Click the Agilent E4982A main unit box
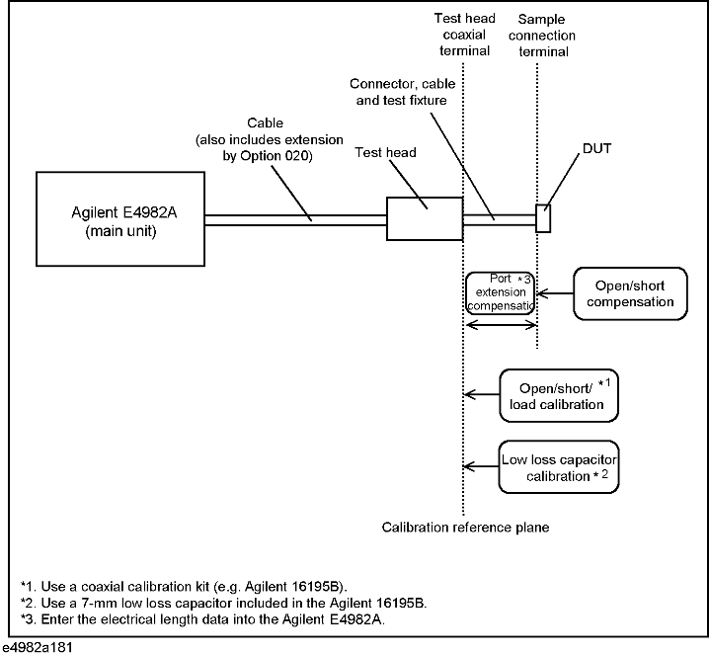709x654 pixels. [x=120, y=219]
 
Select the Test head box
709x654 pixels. [x=425, y=219]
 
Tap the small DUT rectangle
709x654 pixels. [x=543, y=218]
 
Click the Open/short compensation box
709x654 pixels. [x=630, y=293]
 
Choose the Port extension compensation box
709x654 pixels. [x=501, y=292]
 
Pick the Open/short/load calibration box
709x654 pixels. [x=559, y=396]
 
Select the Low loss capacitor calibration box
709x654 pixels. [x=559, y=466]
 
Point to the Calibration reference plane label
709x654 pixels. [x=465, y=528]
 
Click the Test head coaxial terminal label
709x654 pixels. [x=464, y=35]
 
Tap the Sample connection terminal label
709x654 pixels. [x=542, y=36]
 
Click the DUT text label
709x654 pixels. [x=596, y=149]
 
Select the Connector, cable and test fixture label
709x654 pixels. [x=402, y=92]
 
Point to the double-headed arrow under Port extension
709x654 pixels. [x=501, y=325]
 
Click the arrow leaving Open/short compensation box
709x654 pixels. [x=555, y=293]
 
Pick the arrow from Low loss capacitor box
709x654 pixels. [x=481, y=466]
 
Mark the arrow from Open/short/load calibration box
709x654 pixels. [x=482, y=394]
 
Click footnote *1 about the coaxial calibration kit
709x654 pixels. [x=184, y=587]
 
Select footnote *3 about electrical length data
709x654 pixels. [x=202, y=619]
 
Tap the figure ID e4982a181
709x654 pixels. [x=37, y=647]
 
